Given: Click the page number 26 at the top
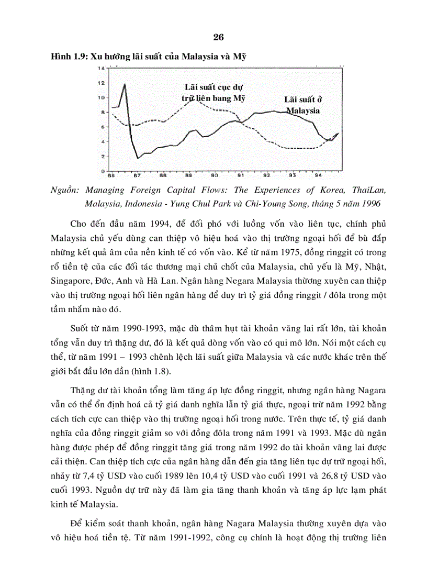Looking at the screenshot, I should [219, 37].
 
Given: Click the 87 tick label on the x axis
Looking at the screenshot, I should [137, 176].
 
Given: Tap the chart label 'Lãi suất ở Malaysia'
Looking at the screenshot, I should [302, 105].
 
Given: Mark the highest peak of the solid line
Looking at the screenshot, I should [125, 84].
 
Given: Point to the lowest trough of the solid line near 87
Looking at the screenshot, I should [138, 158].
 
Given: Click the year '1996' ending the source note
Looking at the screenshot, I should [370, 203].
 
